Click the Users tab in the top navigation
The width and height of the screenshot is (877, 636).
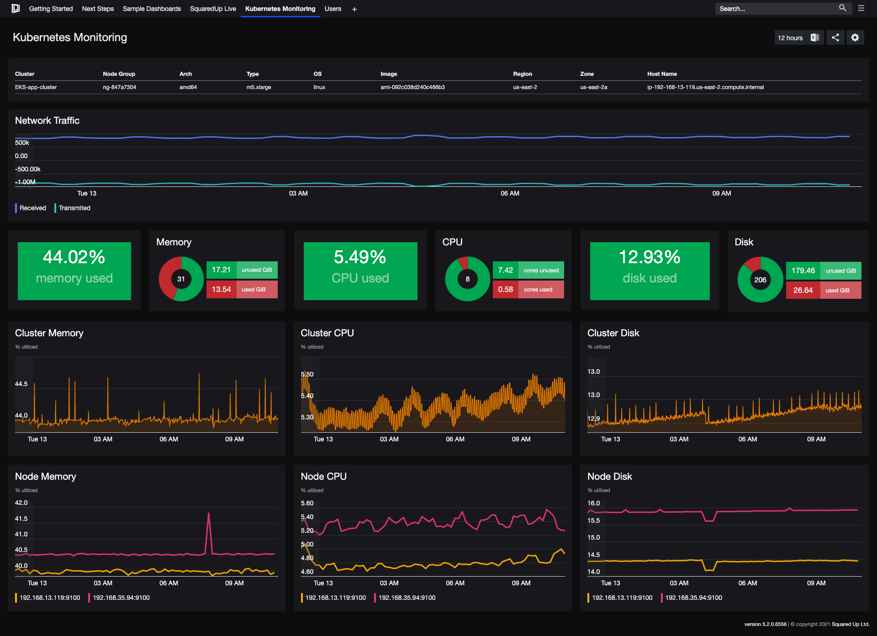click(333, 9)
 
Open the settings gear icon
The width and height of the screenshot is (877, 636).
click(855, 37)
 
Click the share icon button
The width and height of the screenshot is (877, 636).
click(835, 37)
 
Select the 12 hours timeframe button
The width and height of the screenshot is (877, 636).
click(790, 38)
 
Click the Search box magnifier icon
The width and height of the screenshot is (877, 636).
click(842, 8)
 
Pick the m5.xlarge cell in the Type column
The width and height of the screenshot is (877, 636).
click(259, 87)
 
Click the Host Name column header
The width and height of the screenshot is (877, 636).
click(662, 74)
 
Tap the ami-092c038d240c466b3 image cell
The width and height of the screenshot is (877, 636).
click(412, 87)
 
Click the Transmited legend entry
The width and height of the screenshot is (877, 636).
click(74, 208)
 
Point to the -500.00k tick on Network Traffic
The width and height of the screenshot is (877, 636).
click(27, 169)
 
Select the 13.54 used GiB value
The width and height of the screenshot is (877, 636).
click(222, 289)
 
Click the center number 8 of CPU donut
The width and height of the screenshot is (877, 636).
click(467, 279)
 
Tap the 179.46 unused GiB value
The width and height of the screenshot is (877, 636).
click(803, 270)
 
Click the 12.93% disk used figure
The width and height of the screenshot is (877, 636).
click(650, 257)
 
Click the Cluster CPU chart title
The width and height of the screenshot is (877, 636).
click(327, 333)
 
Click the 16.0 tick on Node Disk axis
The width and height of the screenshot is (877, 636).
click(593, 503)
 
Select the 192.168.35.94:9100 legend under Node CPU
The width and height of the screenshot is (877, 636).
click(407, 598)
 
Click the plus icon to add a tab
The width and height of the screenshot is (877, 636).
click(354, 9)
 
